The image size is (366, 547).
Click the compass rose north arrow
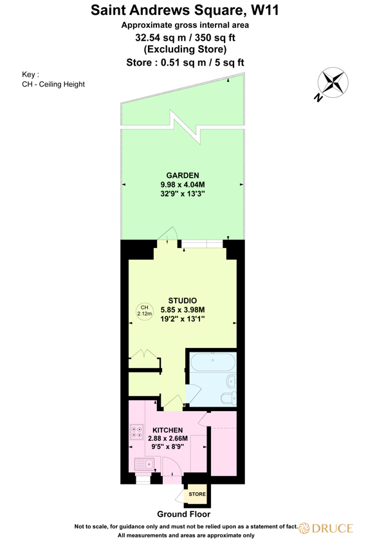coord(333,82)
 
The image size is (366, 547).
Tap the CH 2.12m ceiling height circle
coord(145,311)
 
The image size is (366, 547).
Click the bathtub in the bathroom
coord(212,363)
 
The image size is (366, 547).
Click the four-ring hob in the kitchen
coord(137,432)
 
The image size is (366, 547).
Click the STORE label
coord(197,495)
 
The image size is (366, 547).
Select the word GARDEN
coord(182,175)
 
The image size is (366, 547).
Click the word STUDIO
coord(182,301)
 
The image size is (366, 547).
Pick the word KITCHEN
coord(167,430)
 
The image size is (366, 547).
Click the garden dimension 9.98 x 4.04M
coord(182,184)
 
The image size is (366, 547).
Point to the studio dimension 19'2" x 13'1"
coord(182,319)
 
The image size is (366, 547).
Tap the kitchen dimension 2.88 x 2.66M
coord(167,438)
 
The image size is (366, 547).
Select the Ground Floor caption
coord(183,514)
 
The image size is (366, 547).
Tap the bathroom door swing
coord(191,392)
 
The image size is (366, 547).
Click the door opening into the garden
coord(170,234)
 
